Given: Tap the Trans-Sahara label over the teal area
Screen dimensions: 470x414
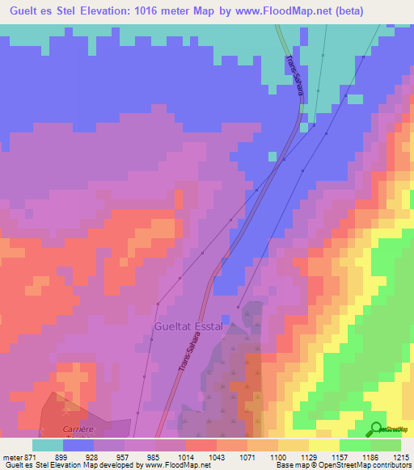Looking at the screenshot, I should (x=293, y=77).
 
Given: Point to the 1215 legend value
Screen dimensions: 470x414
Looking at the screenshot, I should (x=401, y=456).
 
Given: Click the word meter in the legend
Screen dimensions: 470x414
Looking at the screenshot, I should (x=12, y=456).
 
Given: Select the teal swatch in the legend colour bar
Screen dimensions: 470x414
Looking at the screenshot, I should (x=48, y=445).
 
